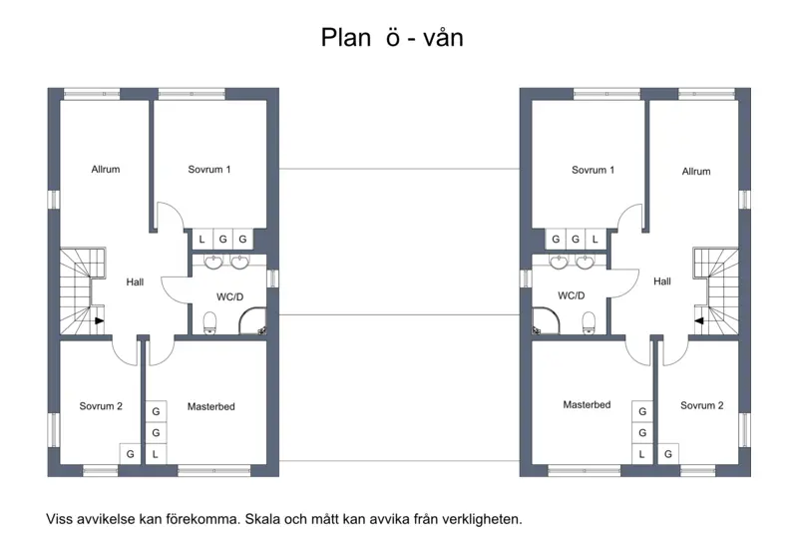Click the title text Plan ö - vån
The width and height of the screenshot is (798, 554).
392,38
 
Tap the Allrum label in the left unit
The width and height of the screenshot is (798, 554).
106,169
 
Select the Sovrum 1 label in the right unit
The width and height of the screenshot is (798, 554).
593,170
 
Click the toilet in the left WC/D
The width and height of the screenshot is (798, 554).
209,323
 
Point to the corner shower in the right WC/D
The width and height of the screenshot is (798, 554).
546,320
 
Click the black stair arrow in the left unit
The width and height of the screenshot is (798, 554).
99,320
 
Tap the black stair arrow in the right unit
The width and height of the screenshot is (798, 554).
700,320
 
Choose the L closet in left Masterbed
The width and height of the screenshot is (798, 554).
156,454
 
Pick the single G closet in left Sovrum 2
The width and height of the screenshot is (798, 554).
130,454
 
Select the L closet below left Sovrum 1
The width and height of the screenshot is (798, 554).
202,239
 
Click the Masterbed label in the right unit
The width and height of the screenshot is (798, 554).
587,405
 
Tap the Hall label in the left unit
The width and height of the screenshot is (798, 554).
135,281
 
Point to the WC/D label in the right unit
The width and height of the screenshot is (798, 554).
571,295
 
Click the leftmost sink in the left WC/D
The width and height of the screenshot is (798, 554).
213,262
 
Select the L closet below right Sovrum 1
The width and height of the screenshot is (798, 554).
596,239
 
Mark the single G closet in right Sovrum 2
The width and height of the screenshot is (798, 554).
668,454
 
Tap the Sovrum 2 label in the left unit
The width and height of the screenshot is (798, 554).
101,406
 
